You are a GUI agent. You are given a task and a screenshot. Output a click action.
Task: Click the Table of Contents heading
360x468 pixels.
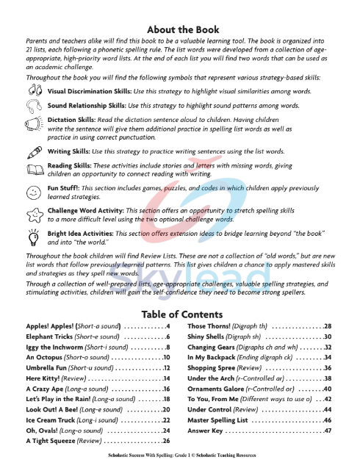click(179, 313)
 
